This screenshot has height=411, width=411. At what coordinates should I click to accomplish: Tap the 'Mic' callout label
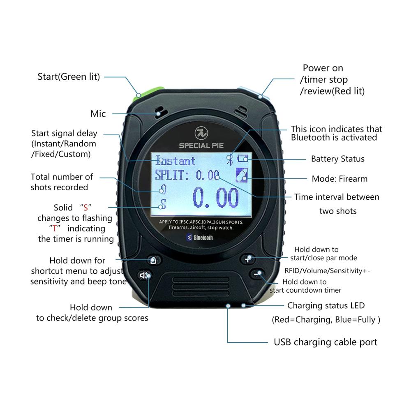point(98,114)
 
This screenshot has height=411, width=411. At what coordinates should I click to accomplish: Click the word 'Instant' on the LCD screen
point(175,161)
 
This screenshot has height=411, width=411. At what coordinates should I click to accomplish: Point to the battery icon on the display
point(242,159)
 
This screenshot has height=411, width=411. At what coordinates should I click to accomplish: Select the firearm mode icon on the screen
point(242,175)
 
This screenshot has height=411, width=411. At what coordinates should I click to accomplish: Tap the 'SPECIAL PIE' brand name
point(201,146)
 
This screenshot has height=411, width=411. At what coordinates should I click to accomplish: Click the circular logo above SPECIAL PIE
point(201,133)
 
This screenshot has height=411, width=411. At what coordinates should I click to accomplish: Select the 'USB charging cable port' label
point(326,342)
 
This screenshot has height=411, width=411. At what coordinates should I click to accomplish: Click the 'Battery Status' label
point(337,159)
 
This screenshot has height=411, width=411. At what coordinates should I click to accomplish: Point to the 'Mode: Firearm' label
point(339,179)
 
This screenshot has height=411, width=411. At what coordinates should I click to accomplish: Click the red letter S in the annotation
point(85,208)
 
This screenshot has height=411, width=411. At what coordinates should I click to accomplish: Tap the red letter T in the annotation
point(55,229)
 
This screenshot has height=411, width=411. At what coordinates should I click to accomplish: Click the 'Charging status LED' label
point(326,306)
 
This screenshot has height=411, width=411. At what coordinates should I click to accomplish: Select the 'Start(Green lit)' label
point(69,76)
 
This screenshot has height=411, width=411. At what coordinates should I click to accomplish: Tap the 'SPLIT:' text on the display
point(172,175)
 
